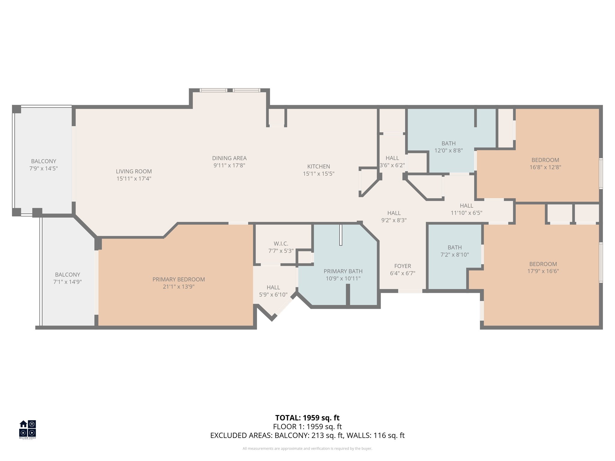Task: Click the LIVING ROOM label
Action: click(x=134, y=171)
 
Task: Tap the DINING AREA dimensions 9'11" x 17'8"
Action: click(x=229, y=165)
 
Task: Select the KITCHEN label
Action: click(x=319, y=166)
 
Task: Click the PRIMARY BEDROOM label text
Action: click(x=179, y=279)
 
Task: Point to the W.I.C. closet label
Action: click(x=281, y=244)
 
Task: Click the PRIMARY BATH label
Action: click(x=343, y=271)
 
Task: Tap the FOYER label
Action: click(x=402, y=266)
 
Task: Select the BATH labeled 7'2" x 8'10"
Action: click(x=454, y=248)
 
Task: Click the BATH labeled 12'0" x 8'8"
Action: click(x=448, y=143)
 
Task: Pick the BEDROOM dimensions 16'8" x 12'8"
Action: click(x=545, y=167)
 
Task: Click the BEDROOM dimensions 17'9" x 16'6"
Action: click(x=543, y=271)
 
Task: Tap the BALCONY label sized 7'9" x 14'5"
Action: click(x=44, y=161)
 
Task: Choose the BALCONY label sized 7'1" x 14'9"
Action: click(x=68, y=275)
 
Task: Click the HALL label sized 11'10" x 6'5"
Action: click(x=466, y=206)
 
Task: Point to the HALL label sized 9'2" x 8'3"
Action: click(x=394, y=213)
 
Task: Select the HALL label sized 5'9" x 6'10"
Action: click(x=273, y=288)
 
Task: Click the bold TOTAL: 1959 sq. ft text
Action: click(x=307, y=418)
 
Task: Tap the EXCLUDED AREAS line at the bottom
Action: click(x=307, y=435)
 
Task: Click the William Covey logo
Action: click(x=28, y=429)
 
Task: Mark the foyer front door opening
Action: click(x=410, y=291)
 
